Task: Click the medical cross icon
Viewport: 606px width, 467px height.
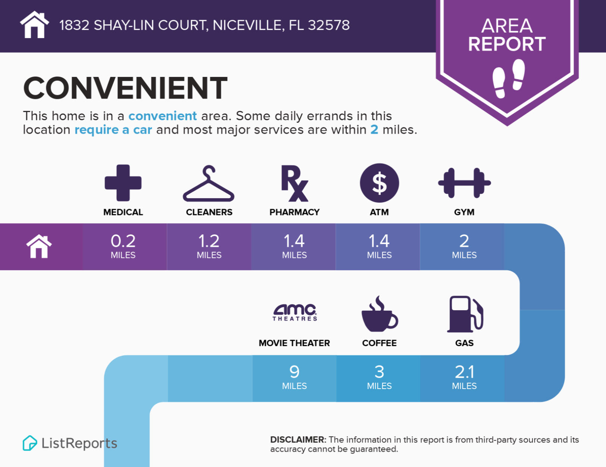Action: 123,183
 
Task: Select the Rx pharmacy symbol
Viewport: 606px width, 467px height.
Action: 295,183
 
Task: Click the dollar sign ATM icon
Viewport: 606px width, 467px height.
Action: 379,183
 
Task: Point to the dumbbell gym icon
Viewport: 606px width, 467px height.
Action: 464,183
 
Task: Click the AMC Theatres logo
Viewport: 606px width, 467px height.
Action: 295,312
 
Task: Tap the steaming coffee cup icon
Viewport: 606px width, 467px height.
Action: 380,314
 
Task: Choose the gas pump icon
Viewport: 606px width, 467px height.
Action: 465,314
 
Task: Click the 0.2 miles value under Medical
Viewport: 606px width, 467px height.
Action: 123,246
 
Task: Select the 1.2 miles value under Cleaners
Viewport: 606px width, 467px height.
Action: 209,246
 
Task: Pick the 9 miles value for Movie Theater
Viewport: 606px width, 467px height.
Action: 295,377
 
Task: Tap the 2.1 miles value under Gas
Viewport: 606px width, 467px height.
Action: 464,377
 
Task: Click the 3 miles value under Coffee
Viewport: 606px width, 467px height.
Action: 379,377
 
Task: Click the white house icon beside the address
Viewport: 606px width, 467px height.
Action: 35,25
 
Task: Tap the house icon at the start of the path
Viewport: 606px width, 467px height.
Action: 39,246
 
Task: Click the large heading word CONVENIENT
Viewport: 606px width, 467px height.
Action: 125,88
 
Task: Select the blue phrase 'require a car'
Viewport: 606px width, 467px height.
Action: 113,130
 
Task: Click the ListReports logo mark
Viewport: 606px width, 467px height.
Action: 29,443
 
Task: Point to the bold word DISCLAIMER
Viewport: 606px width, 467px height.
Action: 298,440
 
